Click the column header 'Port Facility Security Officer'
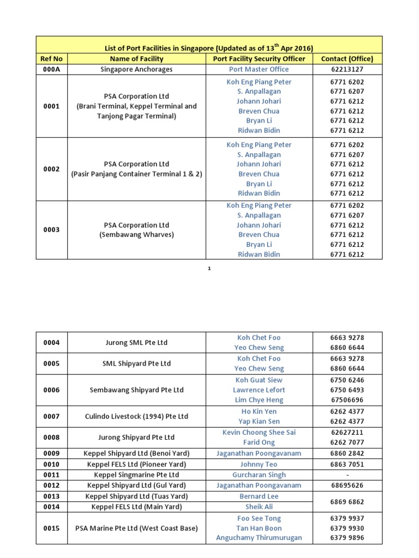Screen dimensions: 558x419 [x=259, y=59]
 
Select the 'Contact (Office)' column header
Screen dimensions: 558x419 [x=347, y=59]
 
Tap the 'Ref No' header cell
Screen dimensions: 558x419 [x=51, y=59]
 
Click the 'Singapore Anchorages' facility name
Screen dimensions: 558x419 [x=136, y=69]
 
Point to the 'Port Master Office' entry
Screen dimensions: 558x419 [x=259, y=69]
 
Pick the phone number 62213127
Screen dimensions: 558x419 [x=347, y=69]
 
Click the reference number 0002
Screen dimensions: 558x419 [x=51, y=169]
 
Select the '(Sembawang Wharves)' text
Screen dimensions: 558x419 [x=136, y=235]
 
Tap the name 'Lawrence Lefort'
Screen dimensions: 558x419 [x=259, y=390]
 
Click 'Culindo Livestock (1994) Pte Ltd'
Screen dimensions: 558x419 [x=136, y=416]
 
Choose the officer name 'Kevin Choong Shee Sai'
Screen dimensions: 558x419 [x=259, y=432]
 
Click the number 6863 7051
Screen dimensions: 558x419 [x=347, y=464]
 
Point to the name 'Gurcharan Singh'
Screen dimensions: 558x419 [x=259, y=475]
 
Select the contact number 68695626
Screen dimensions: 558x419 [x=347, y=485]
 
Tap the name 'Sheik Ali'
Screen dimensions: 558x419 [x=259, y=507]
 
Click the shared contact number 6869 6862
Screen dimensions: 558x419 [x=347, y=501]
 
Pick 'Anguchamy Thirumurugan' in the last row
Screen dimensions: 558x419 [x=259, y=538]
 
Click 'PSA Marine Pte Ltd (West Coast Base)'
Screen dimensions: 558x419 [x=136, y=528]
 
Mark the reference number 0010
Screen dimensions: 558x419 [x=51, y=464]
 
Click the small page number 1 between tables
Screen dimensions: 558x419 [x=209, y=269]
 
